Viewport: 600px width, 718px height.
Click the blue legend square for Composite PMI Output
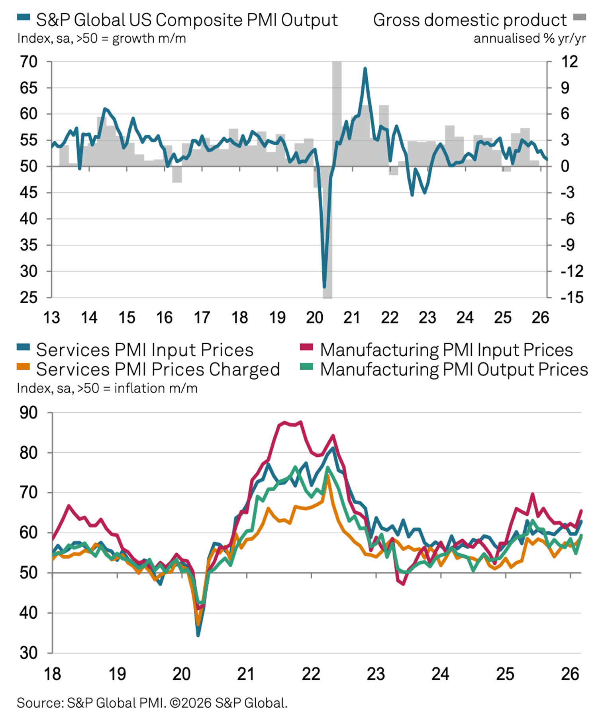(x=24, y=17)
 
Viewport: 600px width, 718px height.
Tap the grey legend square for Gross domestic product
(x=580, y=17)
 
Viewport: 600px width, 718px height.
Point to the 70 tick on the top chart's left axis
(x=28, y=62)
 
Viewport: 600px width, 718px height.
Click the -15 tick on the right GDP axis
(x=572, y=298)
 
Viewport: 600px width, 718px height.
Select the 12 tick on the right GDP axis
(x=569, y=62)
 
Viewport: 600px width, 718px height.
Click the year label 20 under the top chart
(x=314, y=318)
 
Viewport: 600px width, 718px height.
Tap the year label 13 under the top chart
(x=51, y=318)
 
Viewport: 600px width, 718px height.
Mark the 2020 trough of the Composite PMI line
(x=324, y=286)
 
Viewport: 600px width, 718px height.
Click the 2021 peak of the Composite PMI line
(x=365, y=69)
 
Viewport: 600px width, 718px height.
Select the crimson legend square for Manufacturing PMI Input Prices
(x=306, y=347)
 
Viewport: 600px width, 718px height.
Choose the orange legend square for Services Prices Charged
(x=24, y=366)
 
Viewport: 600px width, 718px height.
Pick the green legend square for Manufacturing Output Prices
(x=306, y=366)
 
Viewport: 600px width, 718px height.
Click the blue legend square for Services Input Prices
(x=24, y=347)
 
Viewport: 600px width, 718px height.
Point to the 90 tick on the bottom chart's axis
(x=28, y=413)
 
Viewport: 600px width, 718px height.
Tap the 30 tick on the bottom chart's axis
(x=28, y=653)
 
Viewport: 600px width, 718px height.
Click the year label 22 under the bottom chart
(x=311, y=674)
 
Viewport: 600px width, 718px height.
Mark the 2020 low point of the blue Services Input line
(x=198, y=635)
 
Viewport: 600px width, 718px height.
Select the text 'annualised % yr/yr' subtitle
(x=529, y=39)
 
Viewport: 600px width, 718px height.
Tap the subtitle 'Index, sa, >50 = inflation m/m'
(x=107, y=388)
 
